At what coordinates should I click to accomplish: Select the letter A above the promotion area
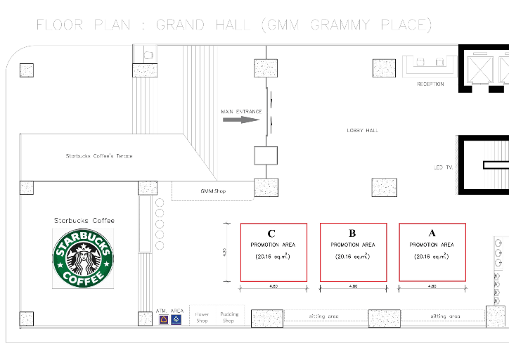432,232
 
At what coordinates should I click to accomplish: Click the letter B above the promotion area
352,232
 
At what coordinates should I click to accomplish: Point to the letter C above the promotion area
271,233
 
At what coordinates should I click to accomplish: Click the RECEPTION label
430,84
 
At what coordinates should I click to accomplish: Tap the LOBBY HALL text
363,131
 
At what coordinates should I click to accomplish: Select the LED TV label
443,167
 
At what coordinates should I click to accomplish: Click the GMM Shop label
213,191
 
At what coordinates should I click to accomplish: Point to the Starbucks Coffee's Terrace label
99,156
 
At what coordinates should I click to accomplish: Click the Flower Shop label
202,317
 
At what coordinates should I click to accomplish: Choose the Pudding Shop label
229,317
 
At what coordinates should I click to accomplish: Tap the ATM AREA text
170,310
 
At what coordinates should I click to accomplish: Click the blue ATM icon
176,319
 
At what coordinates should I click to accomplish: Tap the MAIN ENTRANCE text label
241,111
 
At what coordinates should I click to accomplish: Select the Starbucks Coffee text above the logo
84,221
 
